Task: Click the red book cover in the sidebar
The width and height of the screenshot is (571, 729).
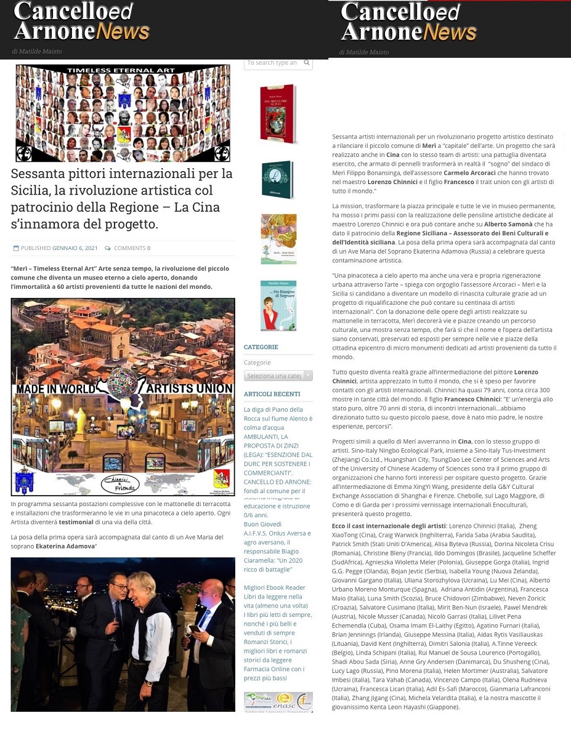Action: (278, 114)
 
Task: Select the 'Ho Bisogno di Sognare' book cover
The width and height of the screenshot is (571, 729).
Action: (278, 305)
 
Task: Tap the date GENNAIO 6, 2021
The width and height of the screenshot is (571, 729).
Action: (75, 248)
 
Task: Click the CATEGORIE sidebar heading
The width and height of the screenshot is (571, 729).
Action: (261, 347)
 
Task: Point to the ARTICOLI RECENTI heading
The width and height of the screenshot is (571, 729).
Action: (272, 394)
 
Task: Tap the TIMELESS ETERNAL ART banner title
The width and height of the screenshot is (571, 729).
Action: (122, 71)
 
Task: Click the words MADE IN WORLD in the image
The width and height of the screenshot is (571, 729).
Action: (55, 389)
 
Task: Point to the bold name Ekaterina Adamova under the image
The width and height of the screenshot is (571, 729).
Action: (64, 546)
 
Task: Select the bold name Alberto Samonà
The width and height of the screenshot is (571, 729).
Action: (500, 224)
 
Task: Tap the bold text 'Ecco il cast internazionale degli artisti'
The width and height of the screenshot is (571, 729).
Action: (389, 526)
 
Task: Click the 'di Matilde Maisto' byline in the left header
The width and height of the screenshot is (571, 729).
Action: (37, 51)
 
